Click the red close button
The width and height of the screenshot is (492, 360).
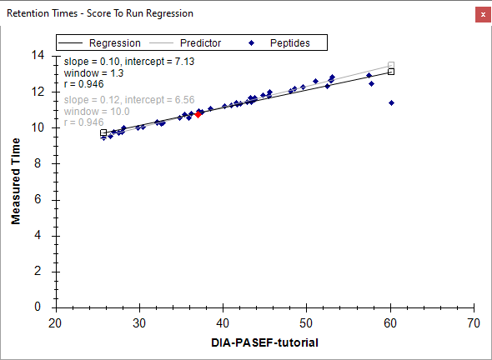coord(483,14)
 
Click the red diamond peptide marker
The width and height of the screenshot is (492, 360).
coord(198,114)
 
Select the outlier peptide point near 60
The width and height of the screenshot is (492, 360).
coord(391,102)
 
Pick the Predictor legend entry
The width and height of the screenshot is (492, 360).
coord(185,43)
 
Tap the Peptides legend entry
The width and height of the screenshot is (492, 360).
coord(279,43)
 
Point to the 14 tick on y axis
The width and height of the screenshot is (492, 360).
coord(38,56)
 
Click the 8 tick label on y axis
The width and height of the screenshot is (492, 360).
coord(38,163)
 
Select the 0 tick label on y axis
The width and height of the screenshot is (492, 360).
coord(38,307)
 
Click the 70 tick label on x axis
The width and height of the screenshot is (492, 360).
coord(474,323)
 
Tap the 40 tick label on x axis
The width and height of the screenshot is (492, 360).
coord(223,323)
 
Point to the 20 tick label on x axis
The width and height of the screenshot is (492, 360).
coord(56,323)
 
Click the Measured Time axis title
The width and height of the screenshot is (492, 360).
coord(16,182)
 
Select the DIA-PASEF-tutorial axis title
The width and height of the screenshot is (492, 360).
coord(265,342)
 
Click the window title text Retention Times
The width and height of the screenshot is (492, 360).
coord(42,13)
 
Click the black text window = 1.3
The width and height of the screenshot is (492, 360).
coord(94,73)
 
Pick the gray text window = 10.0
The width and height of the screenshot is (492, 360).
coord(97,112)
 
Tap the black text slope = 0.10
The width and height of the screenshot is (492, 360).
coord(92,62)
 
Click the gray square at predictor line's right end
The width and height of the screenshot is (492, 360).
coord(391,65)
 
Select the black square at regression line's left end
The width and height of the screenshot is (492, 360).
coord(103,132)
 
